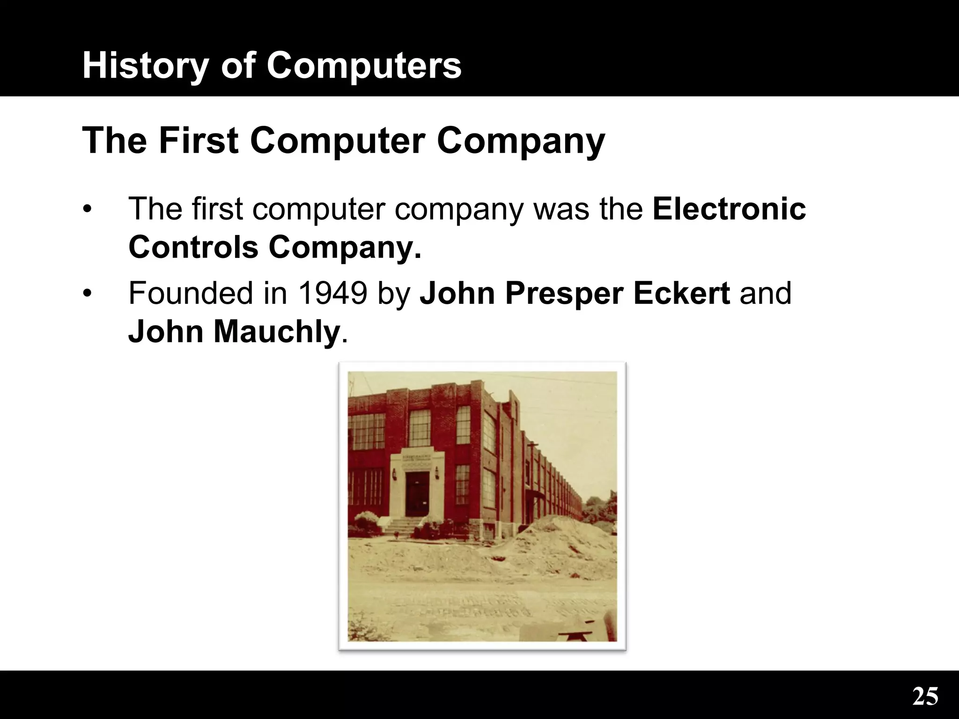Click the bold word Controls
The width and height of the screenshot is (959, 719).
(x=193, y=247)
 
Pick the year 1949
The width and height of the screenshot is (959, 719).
(x=332, y=293)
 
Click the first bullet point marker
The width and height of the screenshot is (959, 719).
(x=87, y=209)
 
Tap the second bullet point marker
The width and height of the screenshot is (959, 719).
(x=87, y=294)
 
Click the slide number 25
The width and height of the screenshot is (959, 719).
(x=925, y=697)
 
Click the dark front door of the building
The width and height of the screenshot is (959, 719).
(x=417, y=494)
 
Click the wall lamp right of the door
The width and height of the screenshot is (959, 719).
(x=437, y=474)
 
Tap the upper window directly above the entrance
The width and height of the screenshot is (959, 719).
(x=420, y=427)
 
